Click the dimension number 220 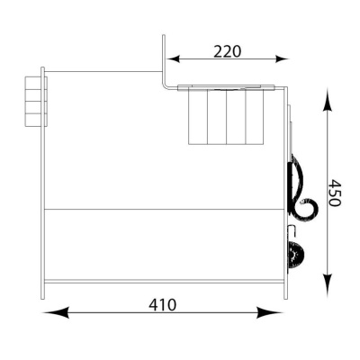(227, 51)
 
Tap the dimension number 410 (163, 305)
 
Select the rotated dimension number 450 (334, 193)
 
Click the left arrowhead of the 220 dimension (174, 59)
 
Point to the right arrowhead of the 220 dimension (282, 59)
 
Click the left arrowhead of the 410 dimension (56, 312)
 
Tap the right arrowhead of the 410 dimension (269, 312)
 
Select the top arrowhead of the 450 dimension (328, 100)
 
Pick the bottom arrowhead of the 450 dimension (328, 284)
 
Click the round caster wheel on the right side (296, 256)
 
